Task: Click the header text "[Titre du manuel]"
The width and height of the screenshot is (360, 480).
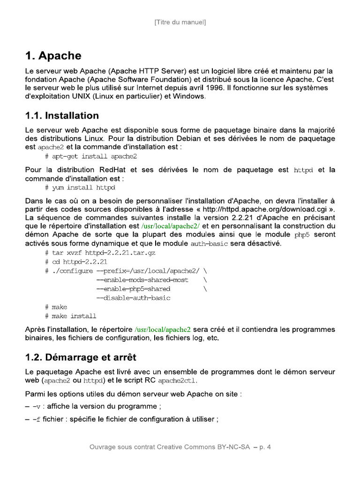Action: point(180,22)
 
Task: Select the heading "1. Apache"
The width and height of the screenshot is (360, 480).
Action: point(53,56)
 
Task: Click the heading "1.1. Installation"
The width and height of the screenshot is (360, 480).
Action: point(62,115)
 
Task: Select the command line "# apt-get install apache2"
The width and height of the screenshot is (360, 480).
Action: point(91,156)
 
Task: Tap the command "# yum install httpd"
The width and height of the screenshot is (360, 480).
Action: point(80,187)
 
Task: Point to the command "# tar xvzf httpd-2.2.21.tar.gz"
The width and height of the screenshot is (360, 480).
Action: point(100,252)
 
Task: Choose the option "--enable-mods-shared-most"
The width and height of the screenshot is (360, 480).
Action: point(142,280)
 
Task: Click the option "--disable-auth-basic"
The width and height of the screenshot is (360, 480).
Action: point(133,298)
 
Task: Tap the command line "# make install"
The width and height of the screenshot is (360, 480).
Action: point(71,316)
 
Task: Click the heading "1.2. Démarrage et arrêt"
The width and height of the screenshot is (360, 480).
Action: point(81,357)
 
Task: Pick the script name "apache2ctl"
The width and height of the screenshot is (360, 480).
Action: point(177,381)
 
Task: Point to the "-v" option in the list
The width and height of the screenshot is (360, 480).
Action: point(37,406)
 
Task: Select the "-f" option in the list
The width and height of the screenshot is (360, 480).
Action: point(36,419)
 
